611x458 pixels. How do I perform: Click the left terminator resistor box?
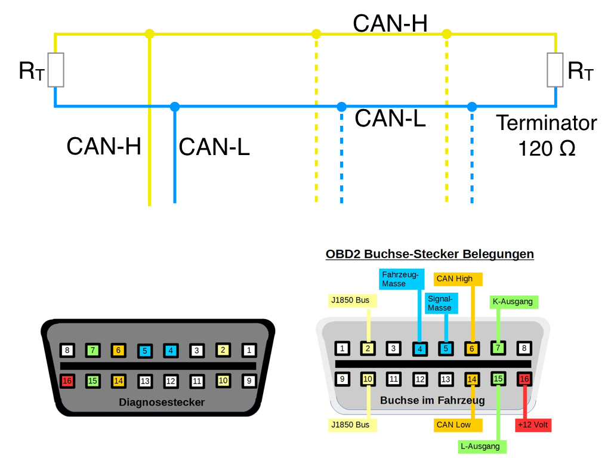coord(55,70)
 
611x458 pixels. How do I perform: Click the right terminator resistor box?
coord(556,70)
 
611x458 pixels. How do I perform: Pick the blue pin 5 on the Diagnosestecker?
coord(144,351)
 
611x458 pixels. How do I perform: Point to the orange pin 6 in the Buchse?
coord(472,348)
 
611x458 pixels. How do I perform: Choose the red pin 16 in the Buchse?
coord(524,378)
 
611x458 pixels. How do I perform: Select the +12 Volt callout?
coord(533,425)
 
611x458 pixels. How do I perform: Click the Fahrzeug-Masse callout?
coord(402,279)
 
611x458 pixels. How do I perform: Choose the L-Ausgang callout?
coord(482,446)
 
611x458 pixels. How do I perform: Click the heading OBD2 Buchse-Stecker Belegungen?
coord(430,254)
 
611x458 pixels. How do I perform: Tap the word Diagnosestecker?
coord(162,402)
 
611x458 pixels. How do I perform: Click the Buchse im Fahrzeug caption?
coord(432,400)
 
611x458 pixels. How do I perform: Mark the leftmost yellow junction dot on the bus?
coord(150,34)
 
